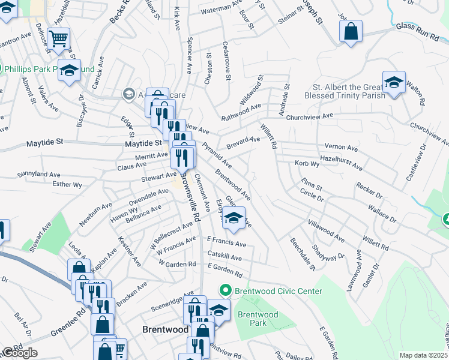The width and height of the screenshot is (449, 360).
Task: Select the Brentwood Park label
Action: [258, 319]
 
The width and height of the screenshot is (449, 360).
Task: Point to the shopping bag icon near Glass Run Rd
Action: [351, 31]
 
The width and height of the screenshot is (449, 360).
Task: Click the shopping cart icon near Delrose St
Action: [59, 38]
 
